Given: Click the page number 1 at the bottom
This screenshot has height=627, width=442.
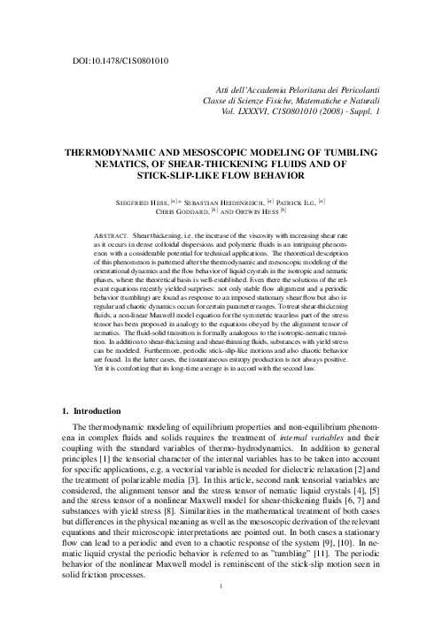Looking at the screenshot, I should coord(221,585).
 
